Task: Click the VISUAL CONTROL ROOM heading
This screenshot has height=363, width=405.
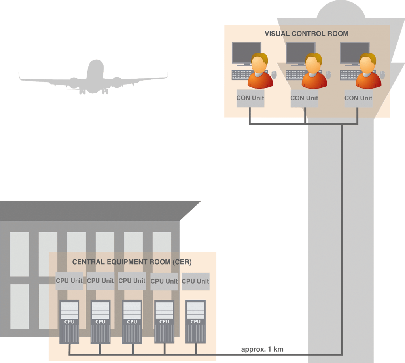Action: (x=307, y=34)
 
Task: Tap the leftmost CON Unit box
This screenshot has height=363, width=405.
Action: (x=250, y=98)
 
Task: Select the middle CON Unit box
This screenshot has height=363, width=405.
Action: (x=304, y=98)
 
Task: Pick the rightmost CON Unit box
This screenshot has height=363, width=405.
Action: (x=358, y=98)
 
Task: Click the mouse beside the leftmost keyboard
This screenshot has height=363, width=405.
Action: (x=274, y=75)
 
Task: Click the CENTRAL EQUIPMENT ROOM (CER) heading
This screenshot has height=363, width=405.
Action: (x=132, y=262)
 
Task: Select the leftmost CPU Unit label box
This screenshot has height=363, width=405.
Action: (x=69, y=281)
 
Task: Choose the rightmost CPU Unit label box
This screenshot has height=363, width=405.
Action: (x=195, y=282)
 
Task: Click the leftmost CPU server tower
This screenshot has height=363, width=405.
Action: (x=69, y=321)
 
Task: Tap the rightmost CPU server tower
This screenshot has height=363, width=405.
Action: (x=195, y=321)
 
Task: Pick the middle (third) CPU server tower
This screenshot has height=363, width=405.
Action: (x=132, y=321)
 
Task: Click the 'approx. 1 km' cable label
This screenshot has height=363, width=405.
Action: (x=262, y=349)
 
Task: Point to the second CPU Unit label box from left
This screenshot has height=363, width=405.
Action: (x=100, y=281)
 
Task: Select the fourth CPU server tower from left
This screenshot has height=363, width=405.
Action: (x=164, y=321)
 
